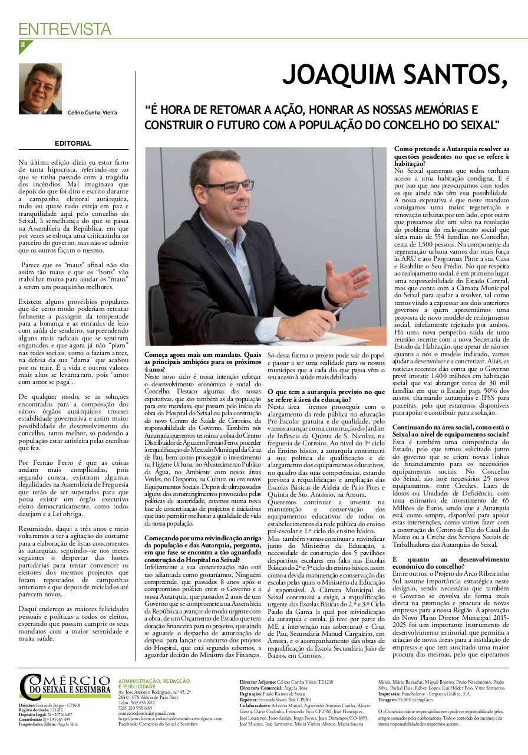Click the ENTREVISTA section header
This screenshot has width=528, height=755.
(65, 29)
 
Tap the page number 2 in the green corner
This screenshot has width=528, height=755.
(22, 45)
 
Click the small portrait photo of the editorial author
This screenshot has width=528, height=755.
(40, 89)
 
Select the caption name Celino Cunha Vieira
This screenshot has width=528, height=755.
(92, 113)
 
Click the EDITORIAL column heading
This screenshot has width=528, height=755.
(73, 143)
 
